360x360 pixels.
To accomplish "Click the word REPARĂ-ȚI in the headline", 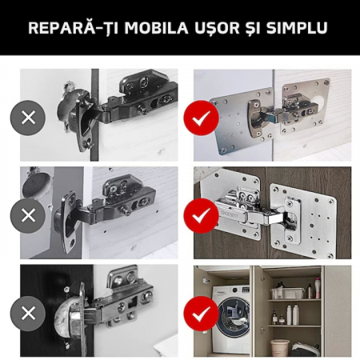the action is pyautogui.click(x=74, y=28).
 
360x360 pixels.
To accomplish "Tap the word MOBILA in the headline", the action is pyautogui.click(x=156, y=27).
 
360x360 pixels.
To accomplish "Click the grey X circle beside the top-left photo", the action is pyautogui.click(x=28, y=118).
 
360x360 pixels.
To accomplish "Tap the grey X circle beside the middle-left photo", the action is pyautogui.click(x=28, y=215).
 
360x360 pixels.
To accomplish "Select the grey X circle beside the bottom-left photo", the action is pyautogui.click(x=28, y=313).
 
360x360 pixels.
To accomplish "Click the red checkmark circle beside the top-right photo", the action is pyautogui.click(x=202, y=118).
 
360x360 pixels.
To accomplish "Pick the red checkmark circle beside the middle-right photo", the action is pyautogui.click(x=202, y=216).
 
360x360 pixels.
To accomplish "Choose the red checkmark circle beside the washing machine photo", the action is pyautogui.click(x=202, y=314).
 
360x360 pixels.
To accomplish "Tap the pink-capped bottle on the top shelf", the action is pyautogui.click(x=318, y=288).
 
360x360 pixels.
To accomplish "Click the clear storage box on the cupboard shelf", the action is pyautogui.click(x=287, y=294).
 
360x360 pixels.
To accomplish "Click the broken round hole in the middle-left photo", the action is pyautogui.click(x=34, y=186).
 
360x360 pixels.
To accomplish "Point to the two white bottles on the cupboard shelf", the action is pyautogui.click(x=293, y=314).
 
